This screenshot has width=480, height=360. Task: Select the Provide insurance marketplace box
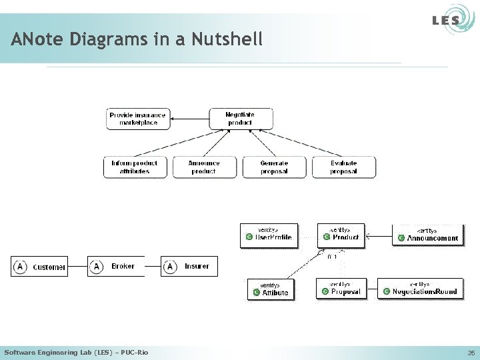pos(138,119)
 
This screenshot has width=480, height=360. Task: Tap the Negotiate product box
pos(240,119)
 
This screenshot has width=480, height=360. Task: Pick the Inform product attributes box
pos(135,167)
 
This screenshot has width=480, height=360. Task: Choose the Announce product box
pos(204,167)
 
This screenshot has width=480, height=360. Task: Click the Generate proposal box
pos(274,167)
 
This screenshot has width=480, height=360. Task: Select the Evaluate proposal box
pos(343,167)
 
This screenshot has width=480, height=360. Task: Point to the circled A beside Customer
pos(20,267)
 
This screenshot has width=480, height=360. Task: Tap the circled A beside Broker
pos(97,267)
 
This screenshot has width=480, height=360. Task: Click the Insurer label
pos(197,266)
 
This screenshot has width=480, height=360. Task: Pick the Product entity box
pos(341,235)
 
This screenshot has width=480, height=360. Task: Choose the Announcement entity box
pos(429,235)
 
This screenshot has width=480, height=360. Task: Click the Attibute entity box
pos(271,290)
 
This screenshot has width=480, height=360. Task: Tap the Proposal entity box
pos(341,289)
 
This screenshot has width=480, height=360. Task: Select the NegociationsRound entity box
pos(420,289)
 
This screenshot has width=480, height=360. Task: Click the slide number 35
pos(471,352)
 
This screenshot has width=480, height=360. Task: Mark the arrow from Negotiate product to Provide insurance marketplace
pos(190,119)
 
